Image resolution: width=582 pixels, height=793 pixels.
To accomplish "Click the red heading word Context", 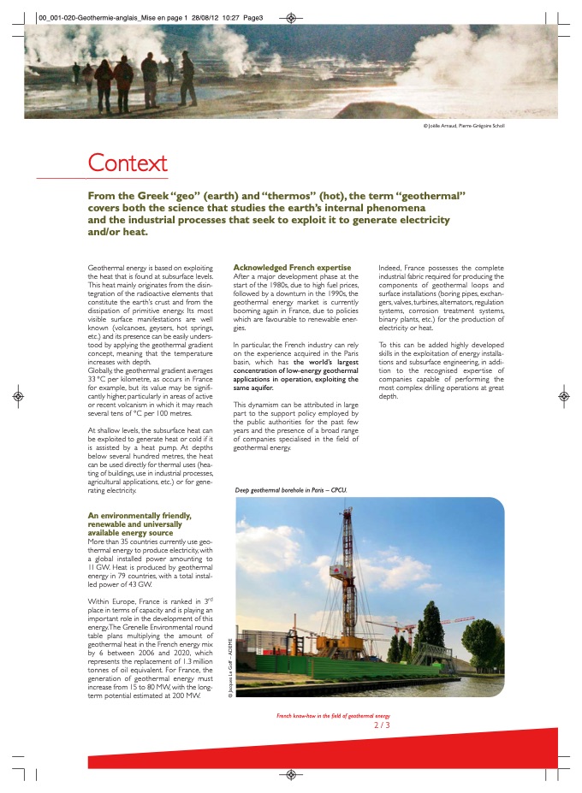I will pos(128,163).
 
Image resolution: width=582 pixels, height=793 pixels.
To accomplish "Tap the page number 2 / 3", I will pos(382,725).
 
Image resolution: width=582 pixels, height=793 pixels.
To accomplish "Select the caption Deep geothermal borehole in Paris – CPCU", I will pos(290,490).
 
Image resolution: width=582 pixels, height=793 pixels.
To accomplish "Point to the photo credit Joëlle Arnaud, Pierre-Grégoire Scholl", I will pos(470,126).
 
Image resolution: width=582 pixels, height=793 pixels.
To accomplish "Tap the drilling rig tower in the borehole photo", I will pos(347,582).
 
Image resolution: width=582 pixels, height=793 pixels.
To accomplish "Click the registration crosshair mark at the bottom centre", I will pos(290,774).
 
